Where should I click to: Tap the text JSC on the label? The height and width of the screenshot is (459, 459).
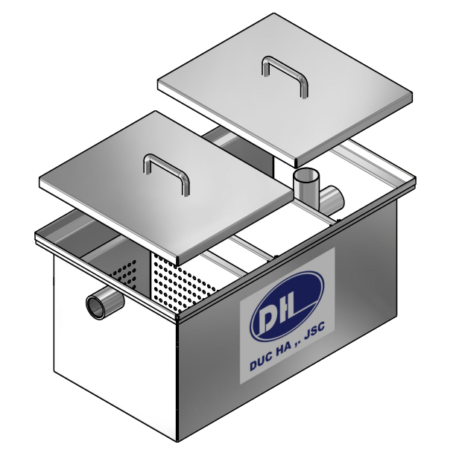[x=317, y=346]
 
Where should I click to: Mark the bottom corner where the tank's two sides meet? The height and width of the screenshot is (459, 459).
[x=178, y=438]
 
